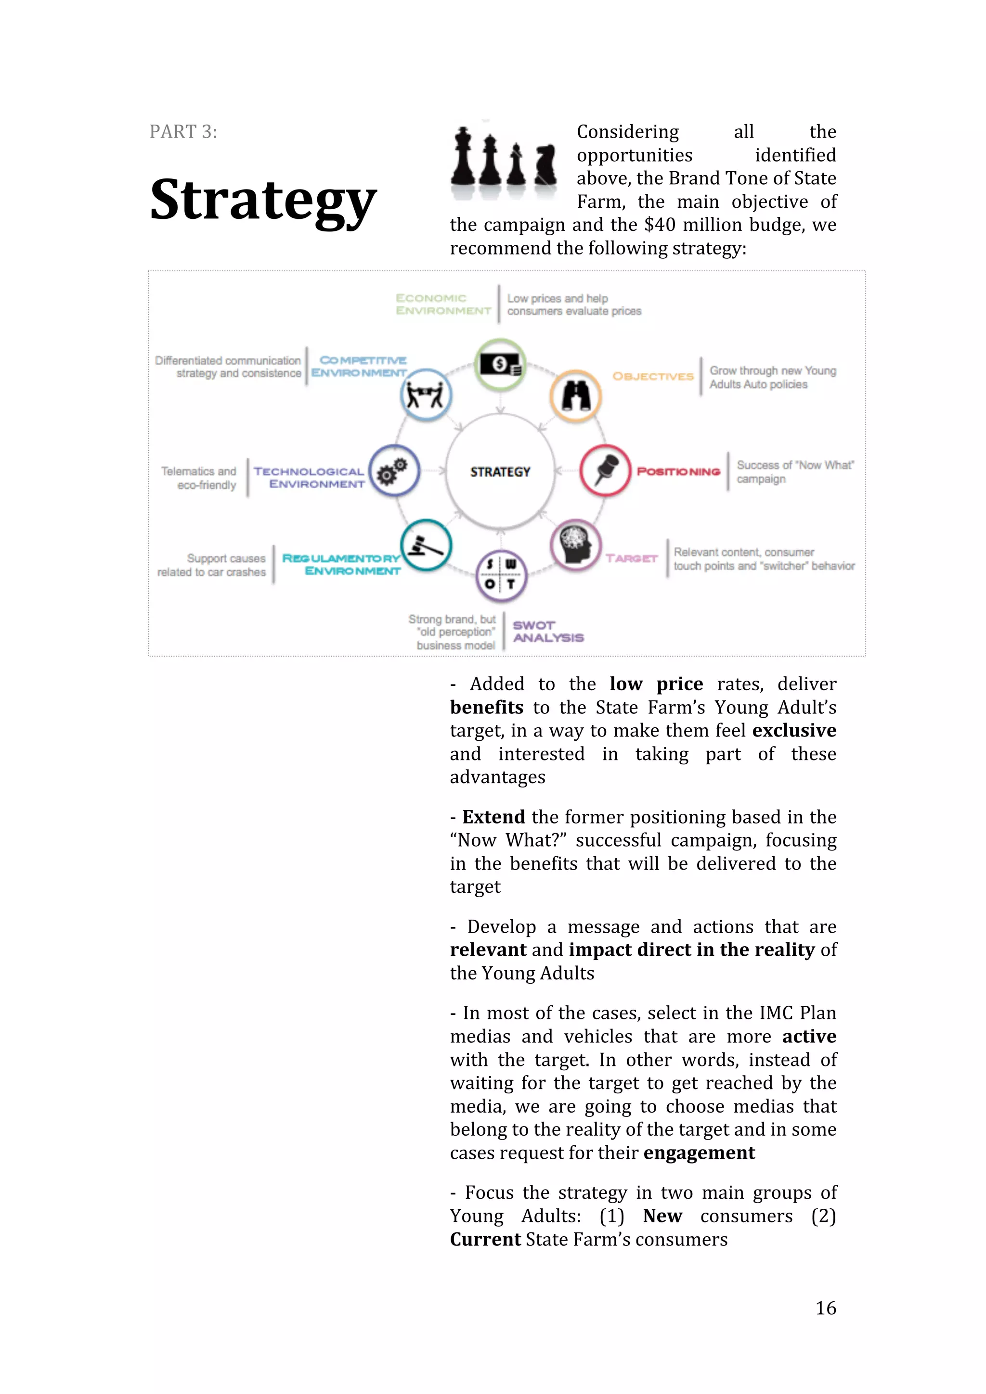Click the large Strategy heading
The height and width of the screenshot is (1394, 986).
pos(262,201)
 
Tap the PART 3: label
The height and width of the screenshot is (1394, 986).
pos(183,132)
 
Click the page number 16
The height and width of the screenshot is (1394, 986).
pos(825,1308)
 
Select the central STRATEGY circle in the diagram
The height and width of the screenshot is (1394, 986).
pos(500,472)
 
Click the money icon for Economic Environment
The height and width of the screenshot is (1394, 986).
pos(500,364)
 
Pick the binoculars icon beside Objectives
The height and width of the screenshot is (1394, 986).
pos(575,396)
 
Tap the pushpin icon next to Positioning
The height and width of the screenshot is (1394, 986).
pos(606,470)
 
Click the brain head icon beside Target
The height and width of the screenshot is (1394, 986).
pos(575,545)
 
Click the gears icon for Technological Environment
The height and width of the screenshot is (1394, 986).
pos(394,471)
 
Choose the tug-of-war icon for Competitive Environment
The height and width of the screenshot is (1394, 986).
pos(426,396)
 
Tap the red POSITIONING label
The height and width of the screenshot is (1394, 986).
pos(678,472)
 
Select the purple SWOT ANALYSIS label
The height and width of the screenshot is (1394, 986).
pos(547,632)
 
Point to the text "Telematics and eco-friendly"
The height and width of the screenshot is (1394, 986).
pos(199,478)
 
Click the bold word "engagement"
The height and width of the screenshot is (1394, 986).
pos(699,1153)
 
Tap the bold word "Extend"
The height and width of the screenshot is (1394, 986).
pos(493,817)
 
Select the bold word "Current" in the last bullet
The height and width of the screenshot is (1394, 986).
pos(485,1239)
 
